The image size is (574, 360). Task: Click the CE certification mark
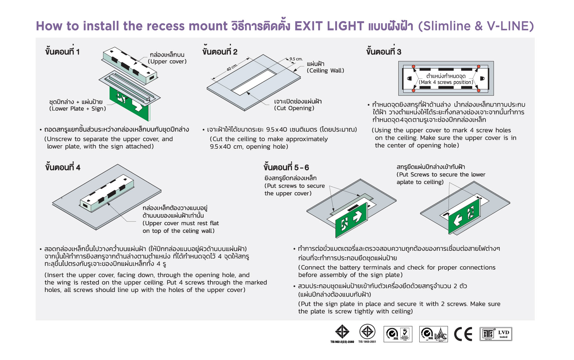463,334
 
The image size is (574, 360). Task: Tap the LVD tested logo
496,334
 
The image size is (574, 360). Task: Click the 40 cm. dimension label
232,67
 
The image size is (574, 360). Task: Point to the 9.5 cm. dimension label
296,59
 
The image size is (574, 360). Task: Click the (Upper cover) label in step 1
167,62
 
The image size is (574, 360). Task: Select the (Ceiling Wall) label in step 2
325,71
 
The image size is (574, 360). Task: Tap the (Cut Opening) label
294,108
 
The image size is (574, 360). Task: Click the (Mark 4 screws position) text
446,82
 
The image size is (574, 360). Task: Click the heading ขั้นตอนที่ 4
63,168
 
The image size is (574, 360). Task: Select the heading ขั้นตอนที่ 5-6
286,168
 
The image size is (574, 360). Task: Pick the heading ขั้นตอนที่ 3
384,52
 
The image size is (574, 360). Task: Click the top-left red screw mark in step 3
414,67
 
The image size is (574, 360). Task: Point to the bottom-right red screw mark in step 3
479,90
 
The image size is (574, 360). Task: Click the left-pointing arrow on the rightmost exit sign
458,219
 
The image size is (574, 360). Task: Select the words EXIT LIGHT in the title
329,26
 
